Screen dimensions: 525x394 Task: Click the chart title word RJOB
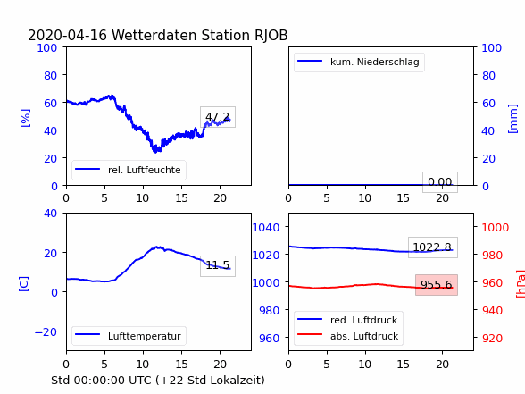tap(271, 35)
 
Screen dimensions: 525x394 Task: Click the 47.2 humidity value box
tap(218, 117)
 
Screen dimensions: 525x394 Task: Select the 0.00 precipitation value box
tap(440, 182)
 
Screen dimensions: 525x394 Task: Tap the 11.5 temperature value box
tap(218, 266)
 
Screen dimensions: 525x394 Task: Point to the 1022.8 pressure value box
tap(432, 247)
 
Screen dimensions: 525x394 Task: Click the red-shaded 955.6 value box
tap(437, 285)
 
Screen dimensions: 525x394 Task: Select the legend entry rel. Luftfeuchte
tap(128, 170)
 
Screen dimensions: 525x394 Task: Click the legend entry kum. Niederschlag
tap(358, 62)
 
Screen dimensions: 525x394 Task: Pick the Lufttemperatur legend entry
tap(128, 336)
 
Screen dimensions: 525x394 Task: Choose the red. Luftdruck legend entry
tap(347, 320)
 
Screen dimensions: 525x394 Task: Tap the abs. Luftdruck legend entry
tap(348, 336)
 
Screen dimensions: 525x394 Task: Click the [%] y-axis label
tap(25, 118)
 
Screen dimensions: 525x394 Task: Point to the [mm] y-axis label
tap(512, 119)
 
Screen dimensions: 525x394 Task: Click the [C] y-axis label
tap(24, 284)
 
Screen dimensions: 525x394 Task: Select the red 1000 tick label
tap(496, 228)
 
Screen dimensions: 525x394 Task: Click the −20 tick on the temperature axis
tap(46, 331)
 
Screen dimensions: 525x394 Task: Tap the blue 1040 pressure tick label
tap(266, 228)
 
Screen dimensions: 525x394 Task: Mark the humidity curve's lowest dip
tap(155, 152)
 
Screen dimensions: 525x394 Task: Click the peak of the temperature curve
tap(157, 247)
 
